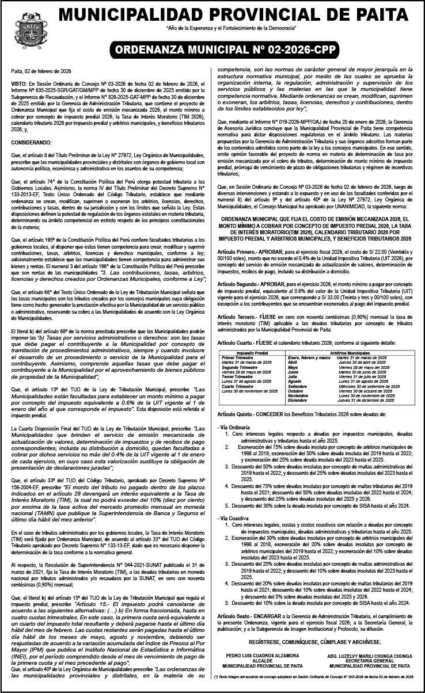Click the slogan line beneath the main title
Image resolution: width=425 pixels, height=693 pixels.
click(x=230, y=28)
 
